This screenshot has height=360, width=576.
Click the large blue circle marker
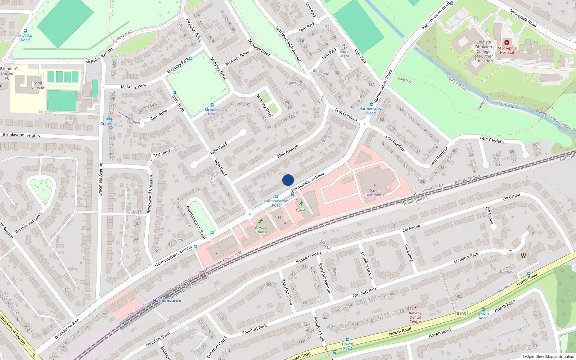(288, 180)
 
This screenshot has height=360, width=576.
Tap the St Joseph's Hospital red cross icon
(507, 42)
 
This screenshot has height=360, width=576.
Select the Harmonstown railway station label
(167, 301)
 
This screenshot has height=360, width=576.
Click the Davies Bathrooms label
(375, 193)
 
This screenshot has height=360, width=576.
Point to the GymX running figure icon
(301, 203)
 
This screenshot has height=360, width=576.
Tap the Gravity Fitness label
(260, 230)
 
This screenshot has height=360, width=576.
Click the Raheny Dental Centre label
(415, 317)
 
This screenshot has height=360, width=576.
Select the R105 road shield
(461, 314)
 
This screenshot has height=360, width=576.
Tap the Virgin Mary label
(345, 54)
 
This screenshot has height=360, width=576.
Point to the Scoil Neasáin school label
(38, 85)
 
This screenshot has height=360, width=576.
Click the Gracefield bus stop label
(109, 123)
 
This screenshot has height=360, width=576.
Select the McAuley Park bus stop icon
(212, 105)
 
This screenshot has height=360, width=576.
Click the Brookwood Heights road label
(22, 135)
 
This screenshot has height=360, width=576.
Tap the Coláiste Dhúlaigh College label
(483, 51)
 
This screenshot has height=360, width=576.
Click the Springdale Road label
(523, 18)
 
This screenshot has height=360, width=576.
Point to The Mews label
(163, 153)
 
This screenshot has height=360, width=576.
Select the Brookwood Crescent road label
(150, 194)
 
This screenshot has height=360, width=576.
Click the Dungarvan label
(509, 271)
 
